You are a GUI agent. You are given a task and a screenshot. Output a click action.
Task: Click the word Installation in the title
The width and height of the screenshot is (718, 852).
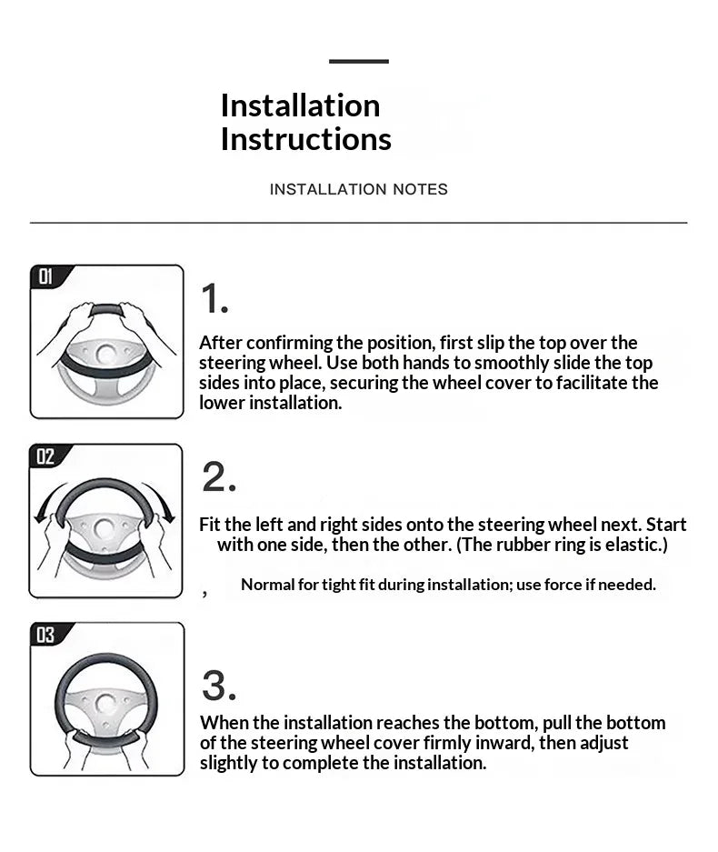pos(300,105)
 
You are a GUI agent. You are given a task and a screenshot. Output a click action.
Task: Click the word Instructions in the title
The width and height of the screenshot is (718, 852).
pos(305,139)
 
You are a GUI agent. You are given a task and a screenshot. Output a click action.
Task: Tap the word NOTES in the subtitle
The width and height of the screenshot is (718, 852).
pos(421,189)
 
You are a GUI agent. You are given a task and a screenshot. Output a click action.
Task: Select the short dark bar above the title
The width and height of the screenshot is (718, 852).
pos(359,62)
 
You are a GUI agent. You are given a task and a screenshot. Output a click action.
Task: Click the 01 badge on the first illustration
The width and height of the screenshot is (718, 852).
pos(45,276)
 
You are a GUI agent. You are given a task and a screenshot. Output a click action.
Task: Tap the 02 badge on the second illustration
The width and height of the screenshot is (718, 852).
pos(45,456)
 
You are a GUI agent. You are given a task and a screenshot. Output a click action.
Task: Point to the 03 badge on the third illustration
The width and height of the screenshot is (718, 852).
pos(45,635)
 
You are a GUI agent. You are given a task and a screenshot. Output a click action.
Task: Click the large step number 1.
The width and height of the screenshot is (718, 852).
pos(214,298)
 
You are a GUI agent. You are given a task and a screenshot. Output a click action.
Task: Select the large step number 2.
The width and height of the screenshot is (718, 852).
pos(219,476)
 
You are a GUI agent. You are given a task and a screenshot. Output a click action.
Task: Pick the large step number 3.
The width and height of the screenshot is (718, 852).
pos(219,686)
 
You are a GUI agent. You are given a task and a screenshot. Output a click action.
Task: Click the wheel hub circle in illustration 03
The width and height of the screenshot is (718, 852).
pos(105,704)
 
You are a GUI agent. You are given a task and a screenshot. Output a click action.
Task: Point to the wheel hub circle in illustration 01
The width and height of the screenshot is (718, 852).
pos(106,355)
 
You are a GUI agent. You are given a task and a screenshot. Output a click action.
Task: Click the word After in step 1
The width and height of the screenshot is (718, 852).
pos(220,343)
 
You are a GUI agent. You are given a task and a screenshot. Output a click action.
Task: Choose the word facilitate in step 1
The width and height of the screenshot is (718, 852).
pos(592,383)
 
